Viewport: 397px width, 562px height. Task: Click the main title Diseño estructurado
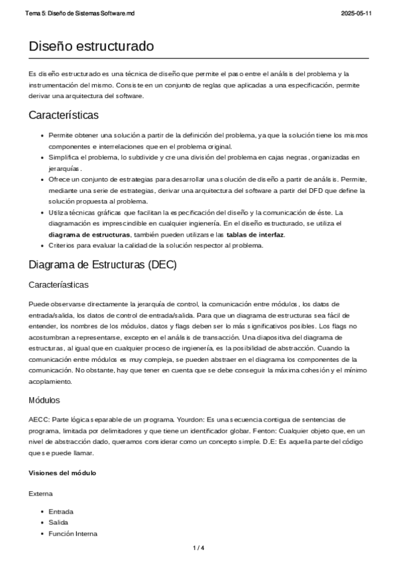[91, 46]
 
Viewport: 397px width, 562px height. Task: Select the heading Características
[64, 115]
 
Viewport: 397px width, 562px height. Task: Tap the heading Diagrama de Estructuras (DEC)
[102, 265]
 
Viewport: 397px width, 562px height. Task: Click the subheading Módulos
[44, 400]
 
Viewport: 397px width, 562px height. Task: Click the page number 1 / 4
[198, 547]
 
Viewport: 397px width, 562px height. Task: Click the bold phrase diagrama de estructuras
[89, 235]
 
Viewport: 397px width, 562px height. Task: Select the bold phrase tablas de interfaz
[255, 235]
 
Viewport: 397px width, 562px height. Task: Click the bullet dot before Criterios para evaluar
[43, 245]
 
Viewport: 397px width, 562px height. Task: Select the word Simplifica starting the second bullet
[64, 157]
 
